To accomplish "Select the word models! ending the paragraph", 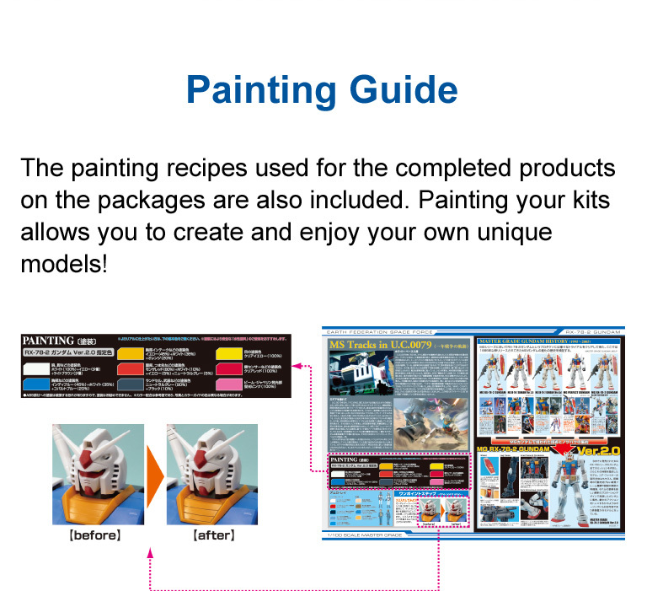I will [x=64, y=262].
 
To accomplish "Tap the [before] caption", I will [x=94, y=535].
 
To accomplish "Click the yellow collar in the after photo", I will [x=202, y=500].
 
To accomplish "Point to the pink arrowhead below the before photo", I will [x=150, y=552].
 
